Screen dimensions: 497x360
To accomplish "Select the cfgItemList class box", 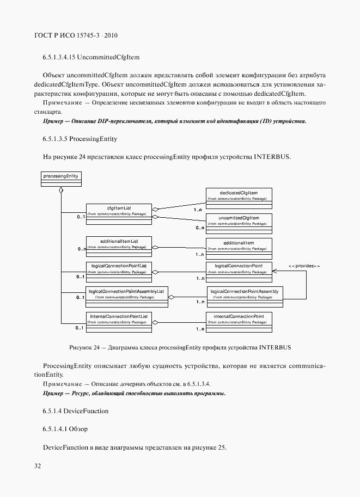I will (x=118, y=213).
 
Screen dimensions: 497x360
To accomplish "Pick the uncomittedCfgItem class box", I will (x=239, y=223).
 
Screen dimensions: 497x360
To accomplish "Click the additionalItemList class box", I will (x=118, y=246).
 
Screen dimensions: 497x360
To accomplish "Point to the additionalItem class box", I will (x=239, y=246).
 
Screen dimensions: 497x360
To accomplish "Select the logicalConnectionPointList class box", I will (x=118, y=271).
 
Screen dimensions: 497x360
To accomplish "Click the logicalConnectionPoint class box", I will (x=239, y=271).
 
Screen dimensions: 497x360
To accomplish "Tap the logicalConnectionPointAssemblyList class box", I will (x=126, y=297).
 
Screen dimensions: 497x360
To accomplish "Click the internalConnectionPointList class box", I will (x=118, y=321).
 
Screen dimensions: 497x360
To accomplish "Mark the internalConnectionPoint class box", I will (x=239, y=321).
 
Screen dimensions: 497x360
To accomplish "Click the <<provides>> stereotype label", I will (x=303, y=265).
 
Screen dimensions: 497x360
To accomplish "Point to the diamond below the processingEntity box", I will (x=61, y=191).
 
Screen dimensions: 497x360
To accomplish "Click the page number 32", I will (x=38, y=466).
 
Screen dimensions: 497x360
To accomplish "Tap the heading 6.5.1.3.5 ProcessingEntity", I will (x=80, y=139).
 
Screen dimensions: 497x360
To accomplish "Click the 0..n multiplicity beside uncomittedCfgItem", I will (x=200, y=228).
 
